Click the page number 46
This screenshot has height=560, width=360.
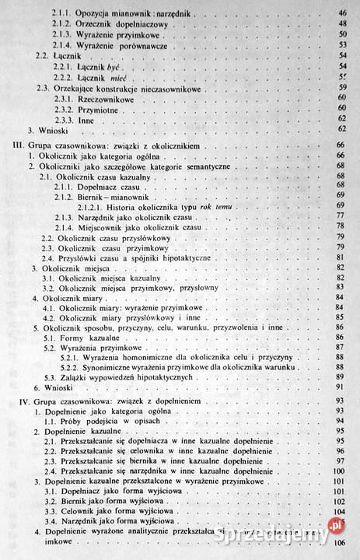(x=341, y=14)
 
